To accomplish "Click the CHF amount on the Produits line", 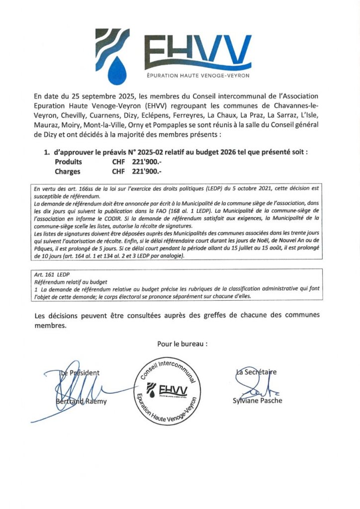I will (x=137, y=162).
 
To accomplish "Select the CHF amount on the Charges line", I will (x=137, y=171).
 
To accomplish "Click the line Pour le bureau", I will (x=182, y=343).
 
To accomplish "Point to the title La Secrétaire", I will (x=257, y=372).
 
